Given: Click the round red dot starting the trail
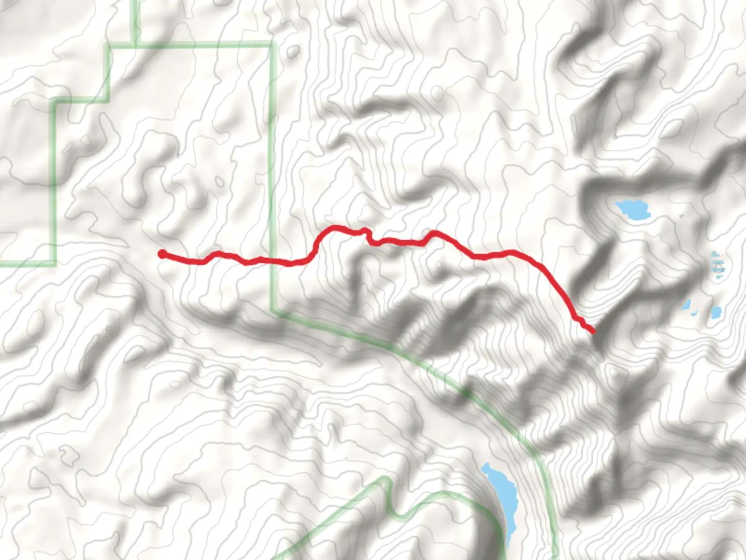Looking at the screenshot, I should point(162,254).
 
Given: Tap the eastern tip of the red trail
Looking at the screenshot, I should point(593,331).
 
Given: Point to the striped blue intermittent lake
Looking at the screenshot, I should point(718,265).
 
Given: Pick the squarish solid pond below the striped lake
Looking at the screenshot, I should point(716,312).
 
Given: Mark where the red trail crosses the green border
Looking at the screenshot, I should point(271,261).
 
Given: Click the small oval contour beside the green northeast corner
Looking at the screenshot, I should point(293,51).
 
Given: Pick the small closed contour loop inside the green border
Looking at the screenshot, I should point(220,182).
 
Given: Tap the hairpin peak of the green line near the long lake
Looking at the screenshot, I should point(385,480).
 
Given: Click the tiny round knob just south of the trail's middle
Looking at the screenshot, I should point(439,265).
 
